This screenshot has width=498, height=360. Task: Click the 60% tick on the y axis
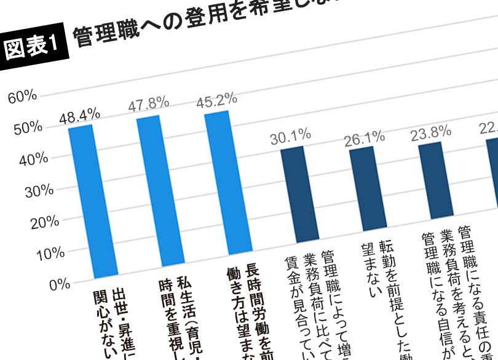[x=23, y=96]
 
